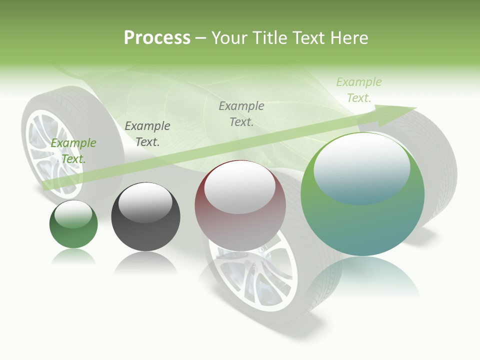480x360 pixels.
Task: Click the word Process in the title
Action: pos(157,38)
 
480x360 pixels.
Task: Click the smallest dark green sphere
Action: pos(73,224)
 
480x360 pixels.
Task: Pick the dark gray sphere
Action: pos(145,217)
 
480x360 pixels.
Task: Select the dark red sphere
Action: pos(240,205)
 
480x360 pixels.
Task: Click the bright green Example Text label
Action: pos(73,150)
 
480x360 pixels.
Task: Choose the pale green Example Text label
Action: pos(358,90)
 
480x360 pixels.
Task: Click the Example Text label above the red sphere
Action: pos(241,113)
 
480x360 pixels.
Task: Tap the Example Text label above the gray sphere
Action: pos(147,133)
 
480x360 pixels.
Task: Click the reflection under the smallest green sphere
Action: pos(73,256)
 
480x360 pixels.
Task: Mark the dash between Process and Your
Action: pos(201,38)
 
